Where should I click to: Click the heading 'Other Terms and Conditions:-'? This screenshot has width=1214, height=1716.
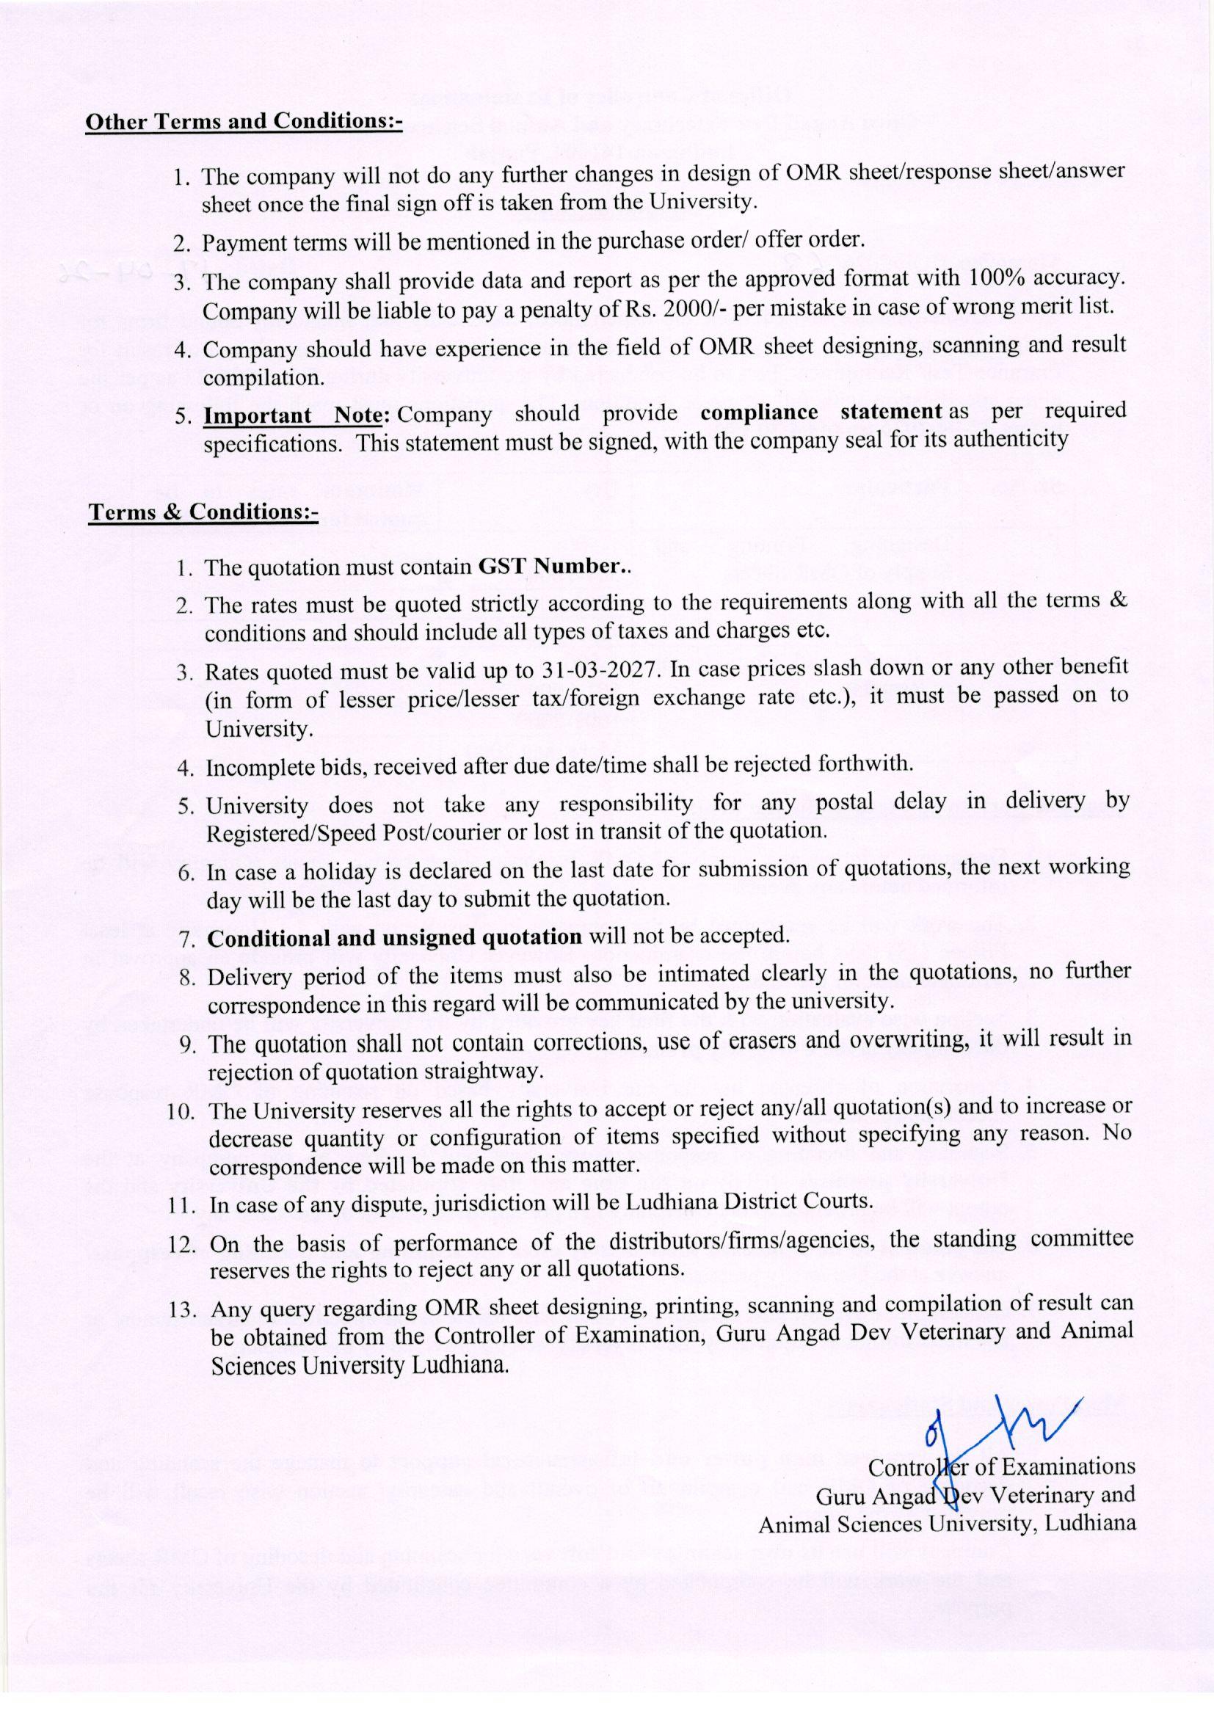244,122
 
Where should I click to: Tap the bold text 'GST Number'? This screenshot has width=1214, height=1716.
550,567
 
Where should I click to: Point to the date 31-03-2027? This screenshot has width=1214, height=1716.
598,667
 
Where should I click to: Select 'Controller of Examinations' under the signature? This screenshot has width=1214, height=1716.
1001,1466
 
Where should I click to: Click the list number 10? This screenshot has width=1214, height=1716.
181,1110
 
